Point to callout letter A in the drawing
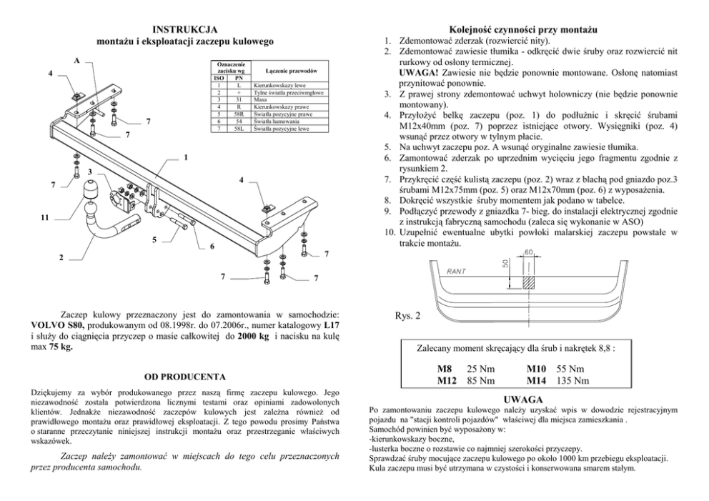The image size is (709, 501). click(x=76, y=61)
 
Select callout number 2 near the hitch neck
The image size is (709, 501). click(x=61, y=257)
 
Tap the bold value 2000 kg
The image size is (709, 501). click(x=255, y=335)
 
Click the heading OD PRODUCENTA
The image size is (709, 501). click(x=185, y=376)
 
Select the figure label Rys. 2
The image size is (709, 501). click(x=407, y=315)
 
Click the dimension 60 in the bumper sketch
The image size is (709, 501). click(x=530, y=253)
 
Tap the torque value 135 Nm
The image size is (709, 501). click(x=572, y=380)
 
